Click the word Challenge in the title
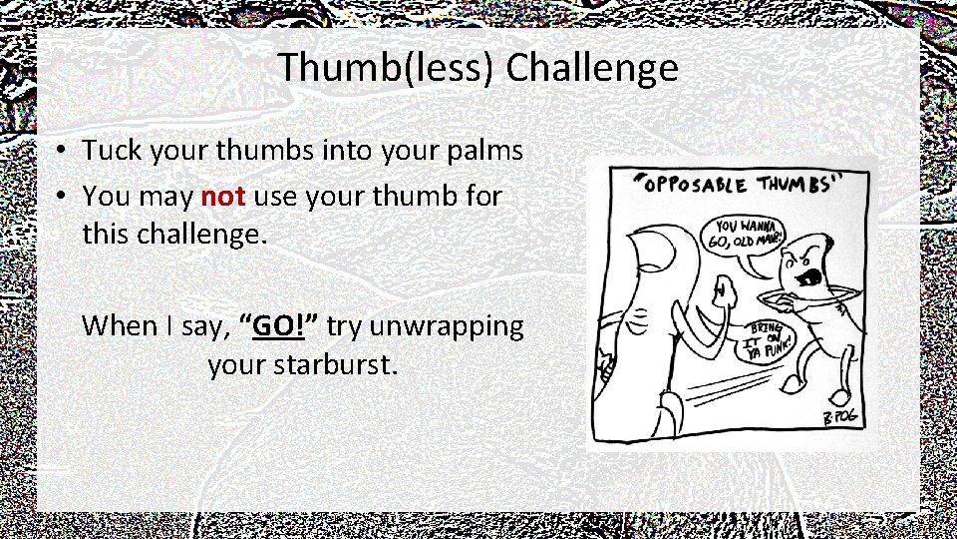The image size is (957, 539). [x=592, y=69]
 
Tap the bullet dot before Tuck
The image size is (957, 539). [x=62, y=152]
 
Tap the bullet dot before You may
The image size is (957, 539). [x=62, y=197]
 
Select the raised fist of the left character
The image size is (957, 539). [x=722, y=293]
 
